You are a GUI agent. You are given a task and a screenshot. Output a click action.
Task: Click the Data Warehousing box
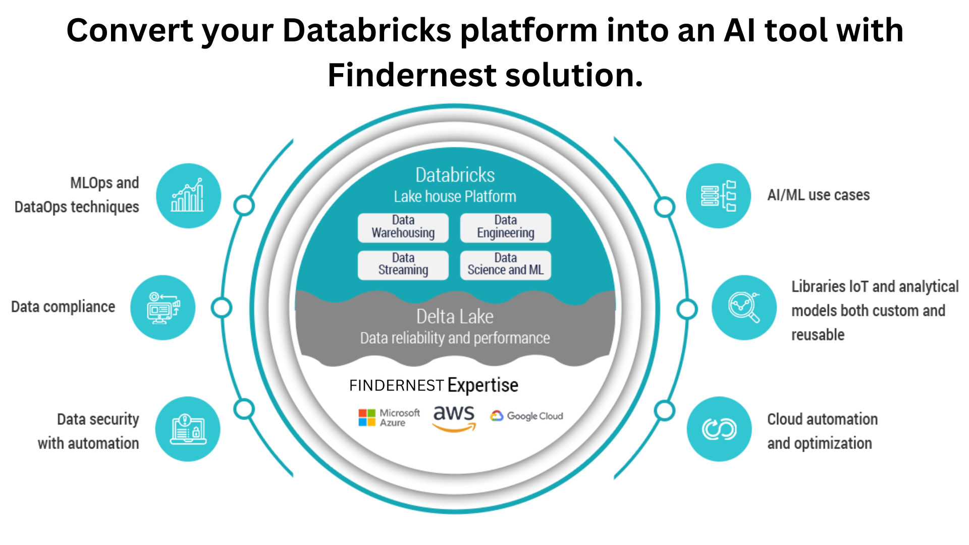[x=403, y=227]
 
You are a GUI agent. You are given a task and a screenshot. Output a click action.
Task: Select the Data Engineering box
[x=505, y=227]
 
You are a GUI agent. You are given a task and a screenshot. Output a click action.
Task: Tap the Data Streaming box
[x=403, y=265]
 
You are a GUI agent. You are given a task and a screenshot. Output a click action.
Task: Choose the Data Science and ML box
[x=505, y=265]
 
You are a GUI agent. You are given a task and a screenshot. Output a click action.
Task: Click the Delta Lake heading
[x=455, y=317]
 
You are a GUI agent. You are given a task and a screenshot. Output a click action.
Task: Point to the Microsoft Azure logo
[x=389, y=418]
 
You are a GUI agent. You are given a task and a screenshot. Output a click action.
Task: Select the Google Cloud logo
[x=526, y=416]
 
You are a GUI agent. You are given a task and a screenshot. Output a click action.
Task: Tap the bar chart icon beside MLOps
[x=188, y=196]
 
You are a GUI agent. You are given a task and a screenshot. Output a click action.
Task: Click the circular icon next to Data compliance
[x=163, y=307]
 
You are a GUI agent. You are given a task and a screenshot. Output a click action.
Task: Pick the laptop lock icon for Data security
[x=188, y=429]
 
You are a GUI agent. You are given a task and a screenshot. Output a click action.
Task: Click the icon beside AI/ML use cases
[x=718, y=196]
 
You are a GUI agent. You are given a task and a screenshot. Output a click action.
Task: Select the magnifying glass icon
[x=744, y=307]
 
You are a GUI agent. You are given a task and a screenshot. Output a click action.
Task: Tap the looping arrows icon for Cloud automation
[x=719, y=429]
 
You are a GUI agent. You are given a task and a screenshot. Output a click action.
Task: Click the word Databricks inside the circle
[x=455, y=175]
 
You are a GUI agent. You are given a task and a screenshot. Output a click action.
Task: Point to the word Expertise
[x=482, y=386]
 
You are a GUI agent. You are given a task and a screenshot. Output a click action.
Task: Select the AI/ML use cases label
[x=818, y=195]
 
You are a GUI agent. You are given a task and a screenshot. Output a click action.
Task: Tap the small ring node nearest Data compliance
[x=221, y=308]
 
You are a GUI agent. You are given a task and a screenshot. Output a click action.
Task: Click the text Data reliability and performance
[x=455, y=338]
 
